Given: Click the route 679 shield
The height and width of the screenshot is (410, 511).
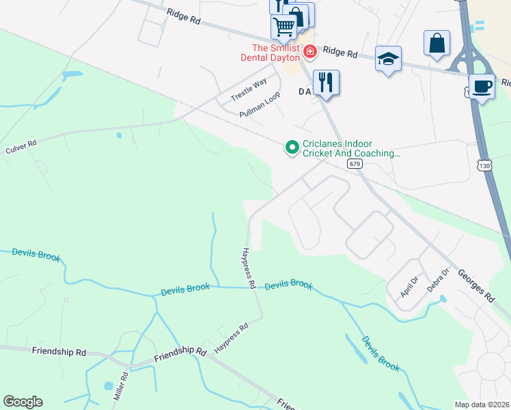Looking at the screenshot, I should pyautogui.click(x=353, y=164).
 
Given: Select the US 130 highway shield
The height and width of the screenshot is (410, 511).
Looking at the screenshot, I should pyautogui.click(x=484, y=166).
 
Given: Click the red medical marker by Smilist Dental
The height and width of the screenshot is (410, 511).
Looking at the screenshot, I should pyautogui.click(x=309, y=51).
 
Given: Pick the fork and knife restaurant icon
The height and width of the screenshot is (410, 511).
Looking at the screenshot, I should pyautogui.click(x=326, y=83).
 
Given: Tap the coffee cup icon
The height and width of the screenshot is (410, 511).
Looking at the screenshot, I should pyautogui.click(x=482, y=87).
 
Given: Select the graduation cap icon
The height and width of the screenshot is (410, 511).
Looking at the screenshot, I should pyautogui.click(x=388, y=59).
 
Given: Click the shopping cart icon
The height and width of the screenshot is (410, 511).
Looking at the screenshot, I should pyautogui.click(x=284, y=27).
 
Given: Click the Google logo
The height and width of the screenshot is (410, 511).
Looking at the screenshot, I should pyautogui.click(x=23, y=402).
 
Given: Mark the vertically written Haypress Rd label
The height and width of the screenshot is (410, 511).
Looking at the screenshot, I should pyautogui.click(x=248, y=268).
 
